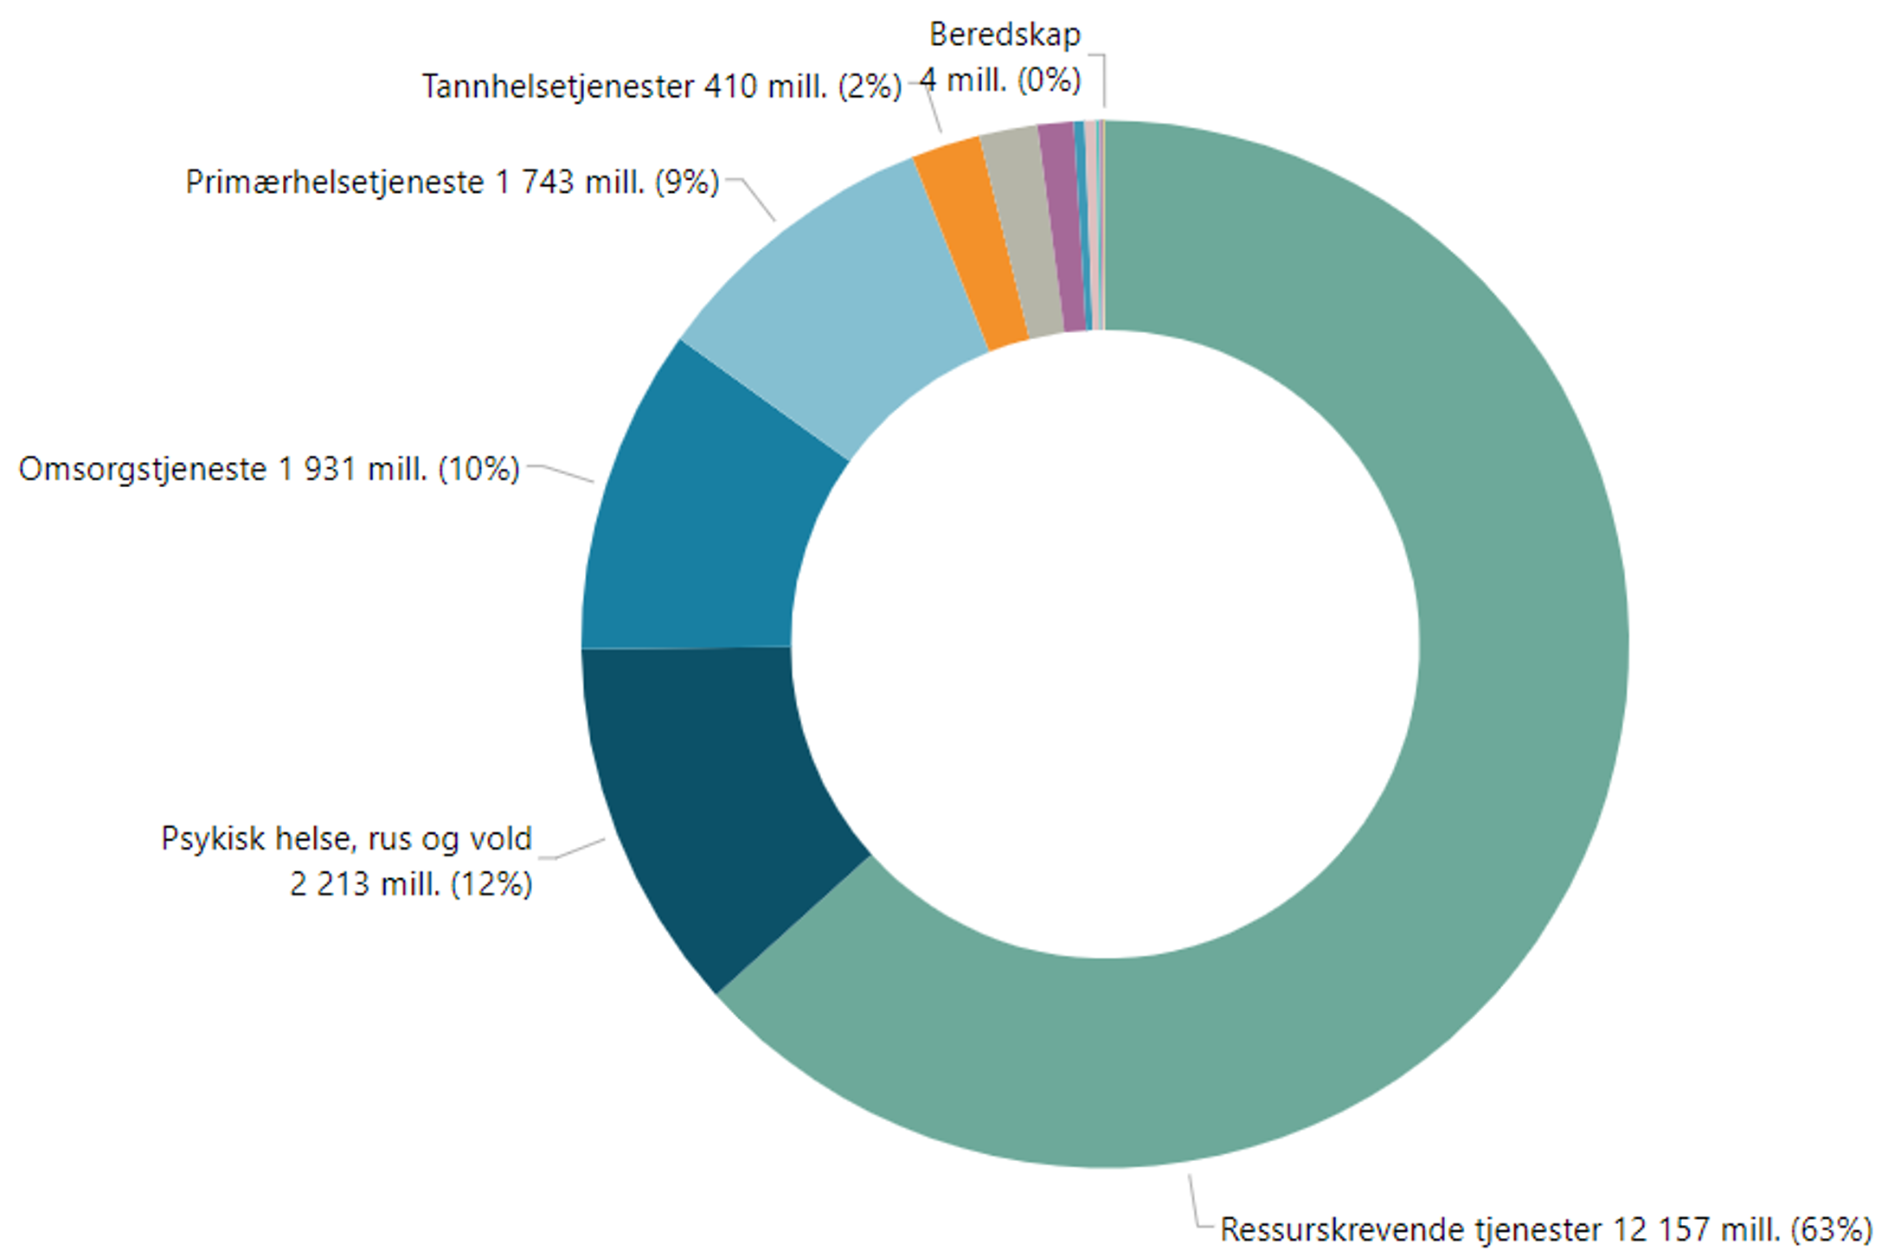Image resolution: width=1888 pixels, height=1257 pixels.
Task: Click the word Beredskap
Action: pyautogui.click(x=1005, y=35)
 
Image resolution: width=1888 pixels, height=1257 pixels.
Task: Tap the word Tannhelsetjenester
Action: pyautogui.click(x=558, y=87)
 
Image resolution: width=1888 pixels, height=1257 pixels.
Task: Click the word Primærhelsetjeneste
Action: pyautogui.click(x=334, y=182)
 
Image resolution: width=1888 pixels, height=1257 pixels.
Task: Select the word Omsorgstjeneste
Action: pyautogui.click(x=143, y=469)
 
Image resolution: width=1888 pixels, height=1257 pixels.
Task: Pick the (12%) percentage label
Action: pyautogui.click(x=491, y=884)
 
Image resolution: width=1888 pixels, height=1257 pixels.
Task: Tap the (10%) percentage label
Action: pyautogui.click(x=478, y=469)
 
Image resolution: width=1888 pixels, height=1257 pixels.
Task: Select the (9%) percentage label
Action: pyautogui.click(x=687, y=182)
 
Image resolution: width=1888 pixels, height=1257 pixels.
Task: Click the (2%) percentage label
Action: pyautogui.click(x=870, y=87)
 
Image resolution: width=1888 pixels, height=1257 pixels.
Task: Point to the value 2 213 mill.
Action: pyautogui.click(x=364, y=884)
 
